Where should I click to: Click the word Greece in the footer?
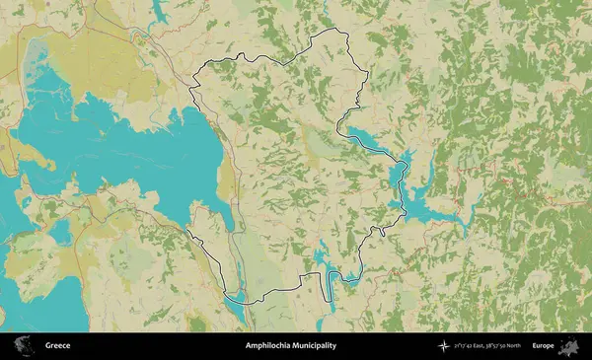tap(56, 346)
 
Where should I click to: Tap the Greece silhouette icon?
tap(22, 346)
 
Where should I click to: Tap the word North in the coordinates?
tap(514, 346)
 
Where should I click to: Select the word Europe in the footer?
tap(542, 346)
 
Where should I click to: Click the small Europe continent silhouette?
tap(569, 346)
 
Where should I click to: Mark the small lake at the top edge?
tap(161, 10)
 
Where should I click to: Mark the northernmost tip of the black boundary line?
tap(342, 32)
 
